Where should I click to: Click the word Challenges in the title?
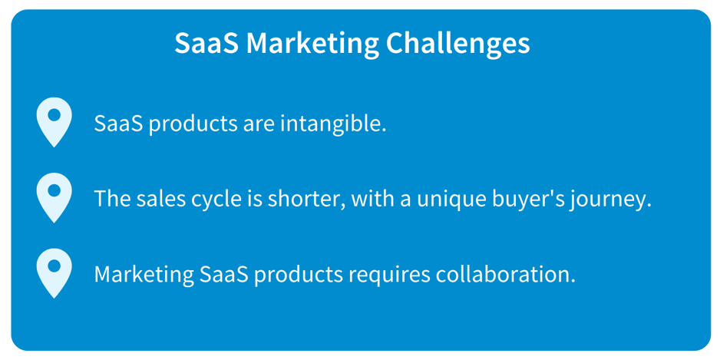pyautogui.click(x=457, y=45)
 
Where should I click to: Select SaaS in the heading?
pyautogui.click(x=207, y=44)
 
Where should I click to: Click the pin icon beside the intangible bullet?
pyautogui.click(x=54, y=122)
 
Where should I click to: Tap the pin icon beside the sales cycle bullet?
pyautogui.click(x=54, y=198)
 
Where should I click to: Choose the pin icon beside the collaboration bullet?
pyautogui.click(x=54, y=274)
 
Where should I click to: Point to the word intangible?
pyautogui.click(x=333, y=124)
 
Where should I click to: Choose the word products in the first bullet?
pyautogui.click(x=193, y=125)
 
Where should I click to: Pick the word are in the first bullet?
pyautogui.click(x=258, y=127)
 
